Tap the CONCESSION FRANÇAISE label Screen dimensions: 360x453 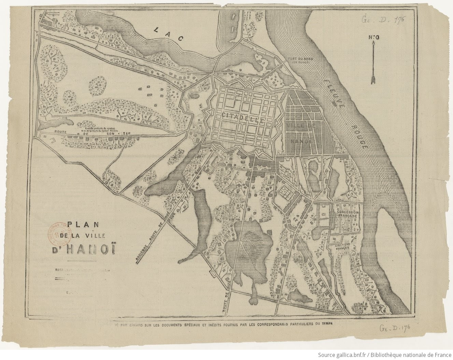347,214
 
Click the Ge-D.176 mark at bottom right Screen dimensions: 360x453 395,328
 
